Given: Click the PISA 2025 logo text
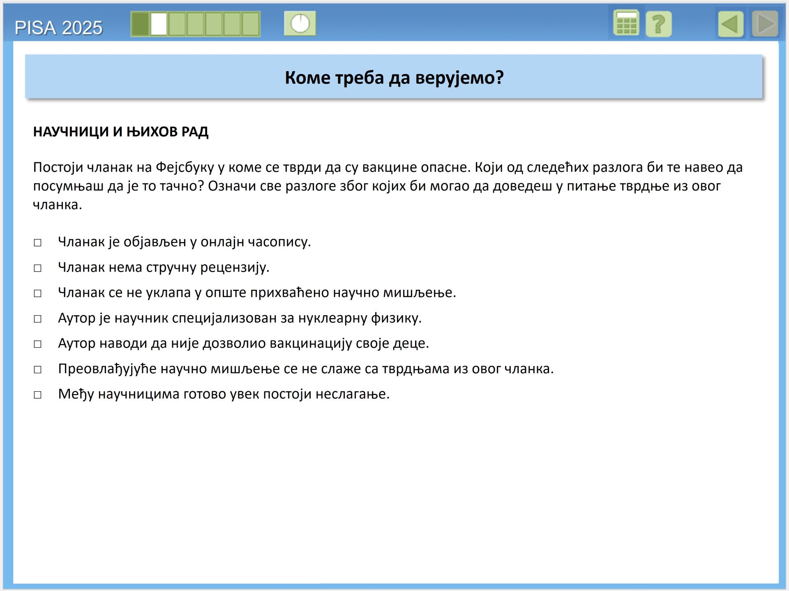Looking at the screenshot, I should click(x=58, y=28).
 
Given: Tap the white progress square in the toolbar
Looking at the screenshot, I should click(x=159, y=24).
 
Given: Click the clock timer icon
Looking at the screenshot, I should click(x=300, y=23).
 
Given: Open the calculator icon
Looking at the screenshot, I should click(x=626, y=23).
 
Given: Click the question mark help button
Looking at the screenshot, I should click(x=658, y=24).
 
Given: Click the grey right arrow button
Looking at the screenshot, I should click(x=765, y=24).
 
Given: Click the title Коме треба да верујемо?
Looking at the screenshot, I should click(x=394, y=77).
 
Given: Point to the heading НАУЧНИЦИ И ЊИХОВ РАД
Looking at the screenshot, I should click(x=121, y=132).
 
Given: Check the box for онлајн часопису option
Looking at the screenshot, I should click(x=38, y=242).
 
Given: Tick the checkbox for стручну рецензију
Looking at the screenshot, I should click(x=38, y=268).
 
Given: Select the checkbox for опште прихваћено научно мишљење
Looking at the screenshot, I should click(x=38, y=293).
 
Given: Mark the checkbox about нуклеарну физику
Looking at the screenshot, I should click(x=38, y=319).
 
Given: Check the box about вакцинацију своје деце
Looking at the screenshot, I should click(x=38, y=344).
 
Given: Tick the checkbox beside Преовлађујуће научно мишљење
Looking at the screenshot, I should click(x=38, y=369).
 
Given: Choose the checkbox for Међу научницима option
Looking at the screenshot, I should click(x=38, y=395).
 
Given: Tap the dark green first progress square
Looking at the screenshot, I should click(x=140, y=24).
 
